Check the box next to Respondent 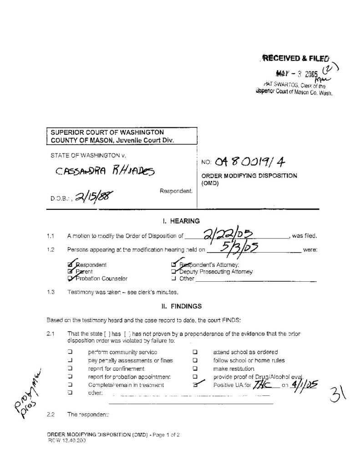point(70,264)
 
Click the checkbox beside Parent point(70,272)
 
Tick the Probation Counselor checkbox point(70,279)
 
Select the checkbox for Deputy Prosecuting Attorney point(173,272)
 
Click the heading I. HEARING point(181,221)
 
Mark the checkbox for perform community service point(70,352)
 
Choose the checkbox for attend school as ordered point(194,352)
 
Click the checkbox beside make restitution point(194,369)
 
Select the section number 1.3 point(51,292)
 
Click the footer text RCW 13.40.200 point(66,441)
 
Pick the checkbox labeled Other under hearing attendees point(173,279)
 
